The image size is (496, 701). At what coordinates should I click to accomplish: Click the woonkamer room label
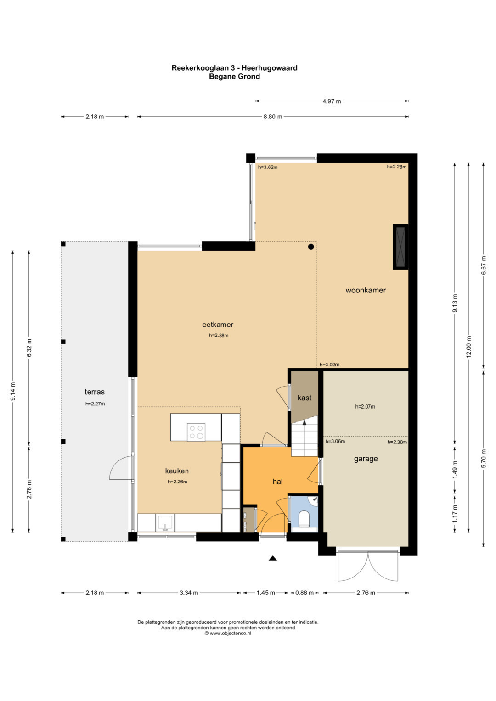point(366,290)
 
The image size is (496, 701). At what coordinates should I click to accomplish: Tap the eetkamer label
point(218,325)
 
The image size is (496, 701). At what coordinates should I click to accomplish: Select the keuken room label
point(177,471)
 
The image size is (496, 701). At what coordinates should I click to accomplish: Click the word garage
point(366,459)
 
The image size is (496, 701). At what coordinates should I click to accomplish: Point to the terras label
point(95,392)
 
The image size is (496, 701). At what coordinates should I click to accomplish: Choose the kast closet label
point(304,398)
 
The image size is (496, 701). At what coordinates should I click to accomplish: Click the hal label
point(277,482)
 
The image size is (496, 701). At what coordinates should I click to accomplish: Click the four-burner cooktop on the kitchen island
point(197,432)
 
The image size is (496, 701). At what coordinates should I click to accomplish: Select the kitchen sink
point(165,523)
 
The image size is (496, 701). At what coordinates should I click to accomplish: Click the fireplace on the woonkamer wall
point(401,247)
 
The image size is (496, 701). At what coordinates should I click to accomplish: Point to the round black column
point(310,247)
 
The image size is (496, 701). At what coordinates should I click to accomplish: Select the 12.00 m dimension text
point(468,347)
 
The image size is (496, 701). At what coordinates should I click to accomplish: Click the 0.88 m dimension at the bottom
point(304,593)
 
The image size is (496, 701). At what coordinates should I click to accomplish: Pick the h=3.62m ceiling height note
point(268,167)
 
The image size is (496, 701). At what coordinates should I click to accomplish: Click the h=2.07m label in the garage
point(365,407)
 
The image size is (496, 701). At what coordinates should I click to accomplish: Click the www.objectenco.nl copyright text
point(228,633)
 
